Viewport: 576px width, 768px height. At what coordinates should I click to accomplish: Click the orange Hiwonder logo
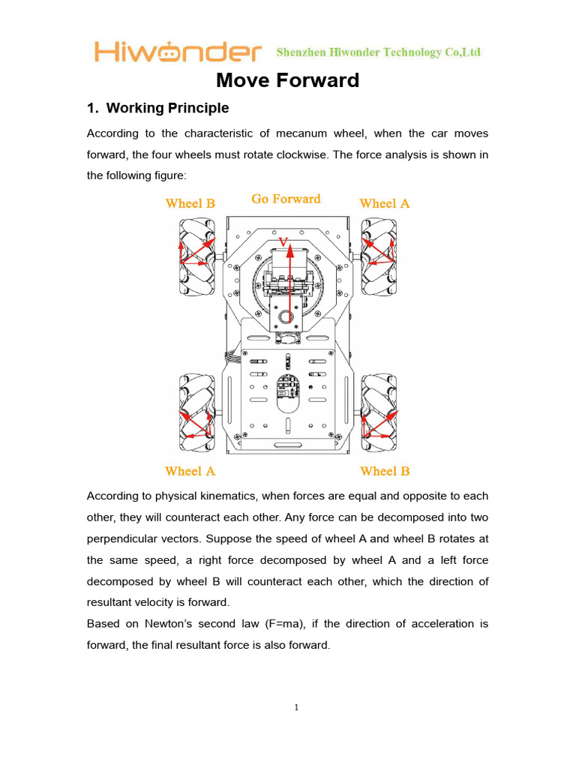click(178, 52)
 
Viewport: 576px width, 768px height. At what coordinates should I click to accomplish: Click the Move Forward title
click(288, 80)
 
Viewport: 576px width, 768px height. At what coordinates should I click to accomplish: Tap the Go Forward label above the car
click(286, 199)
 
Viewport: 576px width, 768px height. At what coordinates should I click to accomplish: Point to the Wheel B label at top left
click(190, 203)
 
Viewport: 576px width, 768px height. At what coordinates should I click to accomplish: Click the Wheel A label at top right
click(385, 203)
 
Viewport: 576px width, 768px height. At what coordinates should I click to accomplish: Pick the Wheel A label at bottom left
click(190, 471)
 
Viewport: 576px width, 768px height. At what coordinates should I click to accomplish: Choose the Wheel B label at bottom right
click(385, 471)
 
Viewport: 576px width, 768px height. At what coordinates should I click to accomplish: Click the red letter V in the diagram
click(283, 241)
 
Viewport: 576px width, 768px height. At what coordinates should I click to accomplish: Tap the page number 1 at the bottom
click(297, 707)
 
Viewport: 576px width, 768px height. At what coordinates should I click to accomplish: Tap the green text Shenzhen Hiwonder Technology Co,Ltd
click(379, 52)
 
